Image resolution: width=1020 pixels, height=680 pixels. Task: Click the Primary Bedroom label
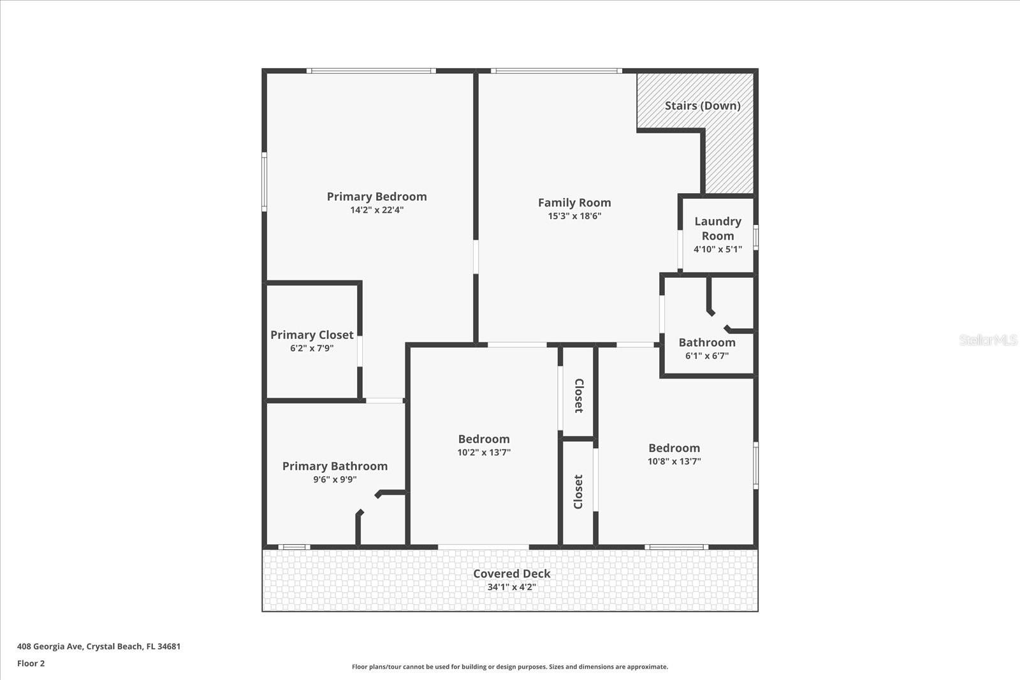[x=377, y=197]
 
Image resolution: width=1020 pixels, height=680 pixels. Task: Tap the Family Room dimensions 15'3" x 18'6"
[x=574, y=216]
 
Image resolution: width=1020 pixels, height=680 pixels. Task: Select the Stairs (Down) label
[x=703, y=106]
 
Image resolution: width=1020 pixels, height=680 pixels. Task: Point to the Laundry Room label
[x=718, y=228]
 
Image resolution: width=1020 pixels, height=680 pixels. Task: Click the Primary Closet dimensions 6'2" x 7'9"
[x=312, y=349]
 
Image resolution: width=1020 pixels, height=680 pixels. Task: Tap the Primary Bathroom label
[x=335, y=467]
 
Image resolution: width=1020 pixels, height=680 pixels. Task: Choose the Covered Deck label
[x=511, y=574]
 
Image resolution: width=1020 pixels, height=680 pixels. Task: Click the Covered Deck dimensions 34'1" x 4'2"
[x=511, y=587]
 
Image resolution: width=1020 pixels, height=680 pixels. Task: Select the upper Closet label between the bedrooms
[x=579, y=396]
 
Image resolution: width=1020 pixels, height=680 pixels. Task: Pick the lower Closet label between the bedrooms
[x=579, y=491]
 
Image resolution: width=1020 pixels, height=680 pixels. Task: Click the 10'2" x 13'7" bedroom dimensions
[x=484, y=452]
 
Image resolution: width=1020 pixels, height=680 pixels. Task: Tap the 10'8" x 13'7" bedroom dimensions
[x=674, y=461]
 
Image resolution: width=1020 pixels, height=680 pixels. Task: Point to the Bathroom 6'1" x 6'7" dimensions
[x=707, y=356]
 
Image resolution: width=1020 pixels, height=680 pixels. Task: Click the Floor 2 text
[x=31, y=663]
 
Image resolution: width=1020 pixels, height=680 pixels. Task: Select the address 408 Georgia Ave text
[x=99, y=646]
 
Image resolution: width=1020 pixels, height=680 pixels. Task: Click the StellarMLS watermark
[x=987, y=340]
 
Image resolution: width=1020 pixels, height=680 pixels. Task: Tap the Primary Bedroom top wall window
[x=371, y=71]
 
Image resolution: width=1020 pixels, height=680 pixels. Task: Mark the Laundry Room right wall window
[x=755, y=237]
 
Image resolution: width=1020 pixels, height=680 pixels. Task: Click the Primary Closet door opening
[x=360, y=351]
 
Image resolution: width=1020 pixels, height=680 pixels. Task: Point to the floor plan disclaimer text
[x=510, y=667]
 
